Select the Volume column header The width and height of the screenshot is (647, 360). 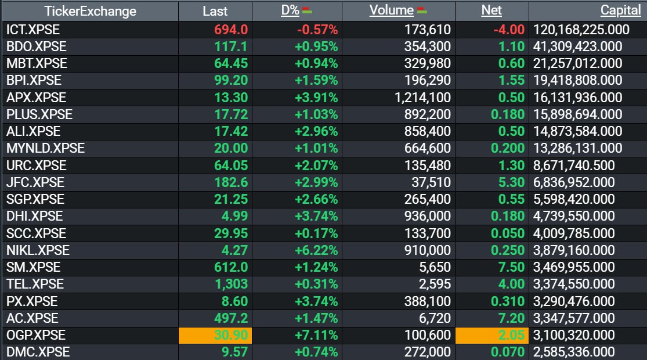[x=391, y=11]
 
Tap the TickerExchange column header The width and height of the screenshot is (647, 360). [x=91, y=11]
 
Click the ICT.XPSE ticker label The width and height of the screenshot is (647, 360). [x=33, y=30]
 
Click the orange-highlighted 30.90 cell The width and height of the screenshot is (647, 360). [x=215, y=335]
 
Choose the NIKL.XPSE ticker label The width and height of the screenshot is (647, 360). [x=38, y=250]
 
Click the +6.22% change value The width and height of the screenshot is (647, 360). [x=316, y=250]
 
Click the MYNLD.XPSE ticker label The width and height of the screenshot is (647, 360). [x=45, y=148]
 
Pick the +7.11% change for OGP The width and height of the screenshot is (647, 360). [x=316, y=335]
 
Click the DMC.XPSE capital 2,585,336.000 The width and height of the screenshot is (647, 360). [x=574, y=352]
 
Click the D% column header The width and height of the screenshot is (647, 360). [x=290, y=11]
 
